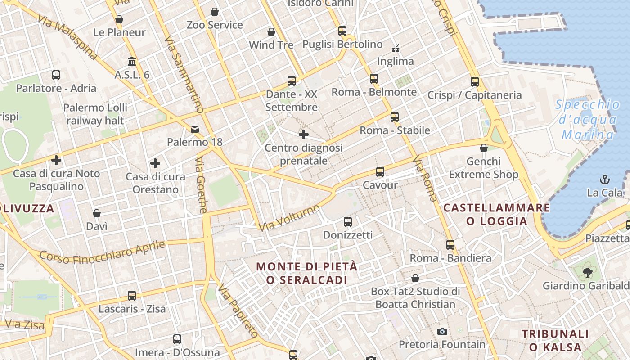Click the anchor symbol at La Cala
point(605,180)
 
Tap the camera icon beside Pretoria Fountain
point(442,332)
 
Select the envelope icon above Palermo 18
point(195,129)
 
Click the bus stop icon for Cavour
point(380,172)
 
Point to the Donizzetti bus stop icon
point(348,221)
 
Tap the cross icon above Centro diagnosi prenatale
point(304,134)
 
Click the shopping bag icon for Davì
point(97,213)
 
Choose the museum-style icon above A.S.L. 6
point(132,61)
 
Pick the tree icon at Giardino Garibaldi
point(587,272)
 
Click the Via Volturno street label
point(289,218)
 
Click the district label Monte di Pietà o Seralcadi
point(307,273)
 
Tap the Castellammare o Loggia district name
point(497,214)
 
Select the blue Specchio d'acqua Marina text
point(587,120)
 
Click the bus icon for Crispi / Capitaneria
point(475,82)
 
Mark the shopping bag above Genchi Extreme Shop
point(484,148)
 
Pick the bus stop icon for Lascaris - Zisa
point(132,296)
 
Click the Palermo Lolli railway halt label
point(95,114)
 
